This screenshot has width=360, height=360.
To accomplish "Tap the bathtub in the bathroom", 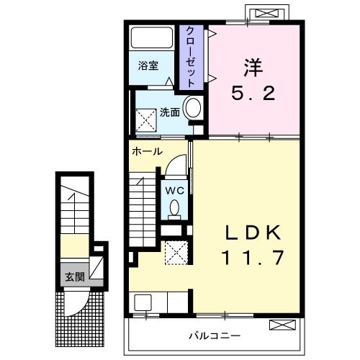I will coord(152,39).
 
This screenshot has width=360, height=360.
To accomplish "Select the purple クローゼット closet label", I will coord(191,56).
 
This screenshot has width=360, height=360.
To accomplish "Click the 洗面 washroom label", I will coord(170,112).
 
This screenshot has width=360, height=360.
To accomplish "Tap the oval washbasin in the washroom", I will coord(192,109).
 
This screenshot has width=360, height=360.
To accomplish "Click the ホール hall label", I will coord(147,152).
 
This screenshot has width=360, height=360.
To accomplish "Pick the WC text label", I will coord(175,190).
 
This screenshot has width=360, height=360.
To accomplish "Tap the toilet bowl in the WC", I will coord(174,207).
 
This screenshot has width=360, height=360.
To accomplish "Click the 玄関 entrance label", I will coord(74,276).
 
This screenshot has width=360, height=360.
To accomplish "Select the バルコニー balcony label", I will coord(215,335).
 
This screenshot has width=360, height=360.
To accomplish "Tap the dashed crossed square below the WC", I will coord(176,252).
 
